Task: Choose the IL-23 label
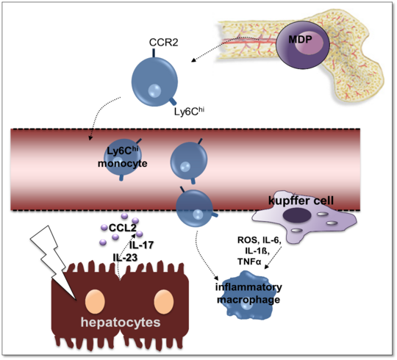(126, 258)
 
